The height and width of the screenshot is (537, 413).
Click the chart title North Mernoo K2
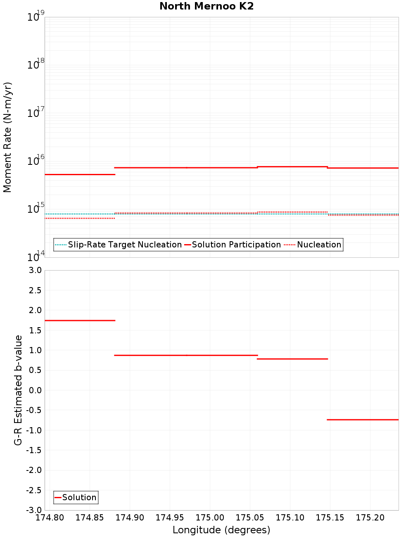pyautogui.click(x=206, y=6)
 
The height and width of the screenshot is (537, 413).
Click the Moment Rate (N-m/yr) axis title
pyautogui.click(x=7, y=137)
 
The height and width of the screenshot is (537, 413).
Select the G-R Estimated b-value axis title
pyautogui.click(x=18, y=390)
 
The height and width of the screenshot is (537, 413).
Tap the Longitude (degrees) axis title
pyautogui.click(x=221, y=530)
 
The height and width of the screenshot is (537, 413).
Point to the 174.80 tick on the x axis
pyautogui.click(x=50, y=518)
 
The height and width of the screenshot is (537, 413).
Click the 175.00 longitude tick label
pyautogui.click(x=210, y=518)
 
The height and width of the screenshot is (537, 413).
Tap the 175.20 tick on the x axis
pyautogui.click(x=370, y=518)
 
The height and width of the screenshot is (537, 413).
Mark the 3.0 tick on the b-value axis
pyautogui.click(x=33, y=270)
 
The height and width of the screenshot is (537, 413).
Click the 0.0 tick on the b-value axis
pyautogui.click(x=33, y=390)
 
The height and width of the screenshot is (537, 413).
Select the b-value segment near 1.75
pyautogui.click(x=80, y=321)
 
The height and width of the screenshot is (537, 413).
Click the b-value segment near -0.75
pyautogui.click(x=363, y=420)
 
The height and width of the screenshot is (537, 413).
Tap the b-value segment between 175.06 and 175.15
pyautogui.click(x=292, y=359)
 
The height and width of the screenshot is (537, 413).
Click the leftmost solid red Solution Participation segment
pyautogui.click(x=80, y=174)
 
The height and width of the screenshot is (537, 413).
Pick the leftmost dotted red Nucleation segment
pyautogui.click(x=80, y=218)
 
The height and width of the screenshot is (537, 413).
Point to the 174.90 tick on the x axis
pyautogui.click(x=130, y=518)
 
